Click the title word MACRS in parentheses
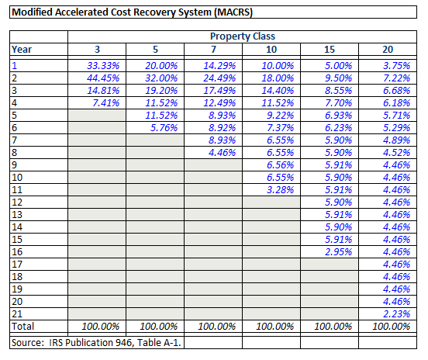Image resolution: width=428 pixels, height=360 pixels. pyautogui.click(x=233, y=12)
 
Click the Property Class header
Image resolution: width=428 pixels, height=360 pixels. pyautogui.click(x=243, y=36)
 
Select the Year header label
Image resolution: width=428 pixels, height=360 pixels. pyautogui.click(x=22, y=50)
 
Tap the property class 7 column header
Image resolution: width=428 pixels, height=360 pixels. pyautogui.click(x=213, y=50)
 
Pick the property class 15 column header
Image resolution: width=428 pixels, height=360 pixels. pyautogui.click(x=330, y=50)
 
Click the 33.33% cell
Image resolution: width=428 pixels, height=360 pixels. pyautogui.click(x=103, y=65)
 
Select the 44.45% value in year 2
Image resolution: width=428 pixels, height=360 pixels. pyautogui.click(x=103, y=78)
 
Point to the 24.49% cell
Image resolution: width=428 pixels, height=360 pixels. pyautogui.click(x=219, y=78)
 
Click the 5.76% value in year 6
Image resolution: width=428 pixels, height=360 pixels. pyautogui.click(x=164, y=127)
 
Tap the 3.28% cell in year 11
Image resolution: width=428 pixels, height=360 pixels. pyautogui.click(x=280, y=189)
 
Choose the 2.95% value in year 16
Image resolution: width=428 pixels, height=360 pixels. pyautogui.click(x=339, y=251)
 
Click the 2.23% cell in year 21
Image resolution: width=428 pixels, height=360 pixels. pyautogui.click(x=397, y=314)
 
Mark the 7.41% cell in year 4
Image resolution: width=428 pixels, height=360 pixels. pyautogui.click(x=106, y=103)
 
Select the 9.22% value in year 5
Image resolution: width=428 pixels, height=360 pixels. pyautogui.click(x=280, y=116)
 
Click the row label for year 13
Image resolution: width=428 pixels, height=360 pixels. pyautogui.click(x=17, y=214)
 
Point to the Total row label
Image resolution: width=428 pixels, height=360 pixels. pyautogui.click(x=22, y=326)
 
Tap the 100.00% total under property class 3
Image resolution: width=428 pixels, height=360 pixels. pyautogui.click(x=101, y=326)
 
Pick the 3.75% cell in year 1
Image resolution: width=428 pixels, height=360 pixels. pyautogui.click(x=397, y=65)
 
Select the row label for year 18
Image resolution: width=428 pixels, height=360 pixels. pyautogui.click(x=17, y=276)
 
